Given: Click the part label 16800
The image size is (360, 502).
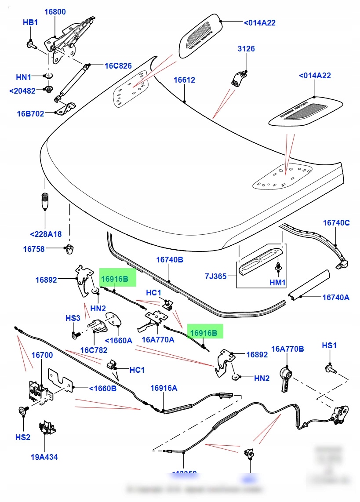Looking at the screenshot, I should [x=56, y=12].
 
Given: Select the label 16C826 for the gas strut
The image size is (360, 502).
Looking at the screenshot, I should [x=118, y=66].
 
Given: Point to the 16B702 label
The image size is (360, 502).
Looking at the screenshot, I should [x=30, y=113].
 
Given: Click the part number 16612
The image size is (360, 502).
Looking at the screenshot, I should [x=184, y=80].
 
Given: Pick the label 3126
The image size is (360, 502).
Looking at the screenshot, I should [x=246, y=49].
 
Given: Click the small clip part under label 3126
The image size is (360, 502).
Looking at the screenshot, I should [x=238, y=78].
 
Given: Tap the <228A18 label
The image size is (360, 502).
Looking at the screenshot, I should [x=46, y=234].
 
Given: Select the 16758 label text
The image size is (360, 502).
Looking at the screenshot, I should [x=34, y=249].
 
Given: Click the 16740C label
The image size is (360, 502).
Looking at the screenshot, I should [x=336, y=223].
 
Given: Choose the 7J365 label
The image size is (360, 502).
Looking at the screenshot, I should [x=215, y=276].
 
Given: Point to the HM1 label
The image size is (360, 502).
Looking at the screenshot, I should [x=277, y=283].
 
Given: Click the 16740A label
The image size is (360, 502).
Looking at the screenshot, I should [x=336, y=298].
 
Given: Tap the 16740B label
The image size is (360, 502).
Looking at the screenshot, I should [x=169, y=260].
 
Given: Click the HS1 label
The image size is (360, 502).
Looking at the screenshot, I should [x=329, y=346].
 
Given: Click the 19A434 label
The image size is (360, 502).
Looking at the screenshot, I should [x=44, y=457].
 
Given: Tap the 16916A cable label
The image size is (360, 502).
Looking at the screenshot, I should [x=164, y=388].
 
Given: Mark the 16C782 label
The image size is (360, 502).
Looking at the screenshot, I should [x=94, y=350].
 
